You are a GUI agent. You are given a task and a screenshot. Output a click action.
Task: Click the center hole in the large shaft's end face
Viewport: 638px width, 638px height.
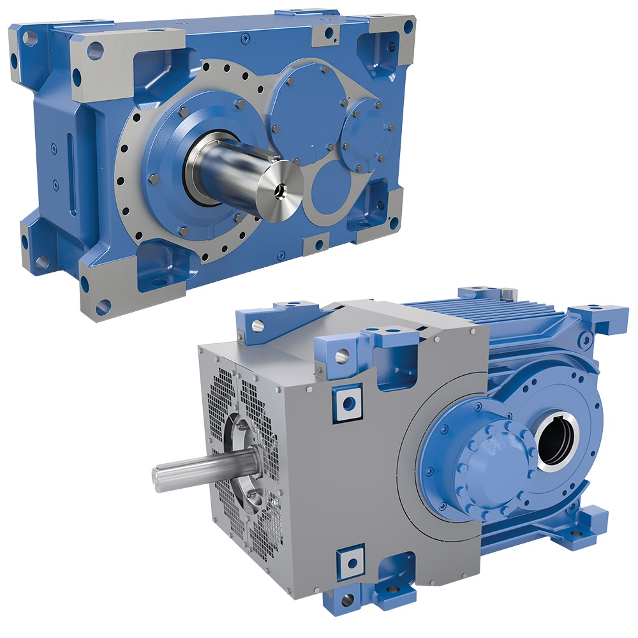[x=279, y=190]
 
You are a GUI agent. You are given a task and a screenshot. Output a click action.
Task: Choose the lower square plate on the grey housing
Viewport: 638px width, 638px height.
[x=350, y=561]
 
